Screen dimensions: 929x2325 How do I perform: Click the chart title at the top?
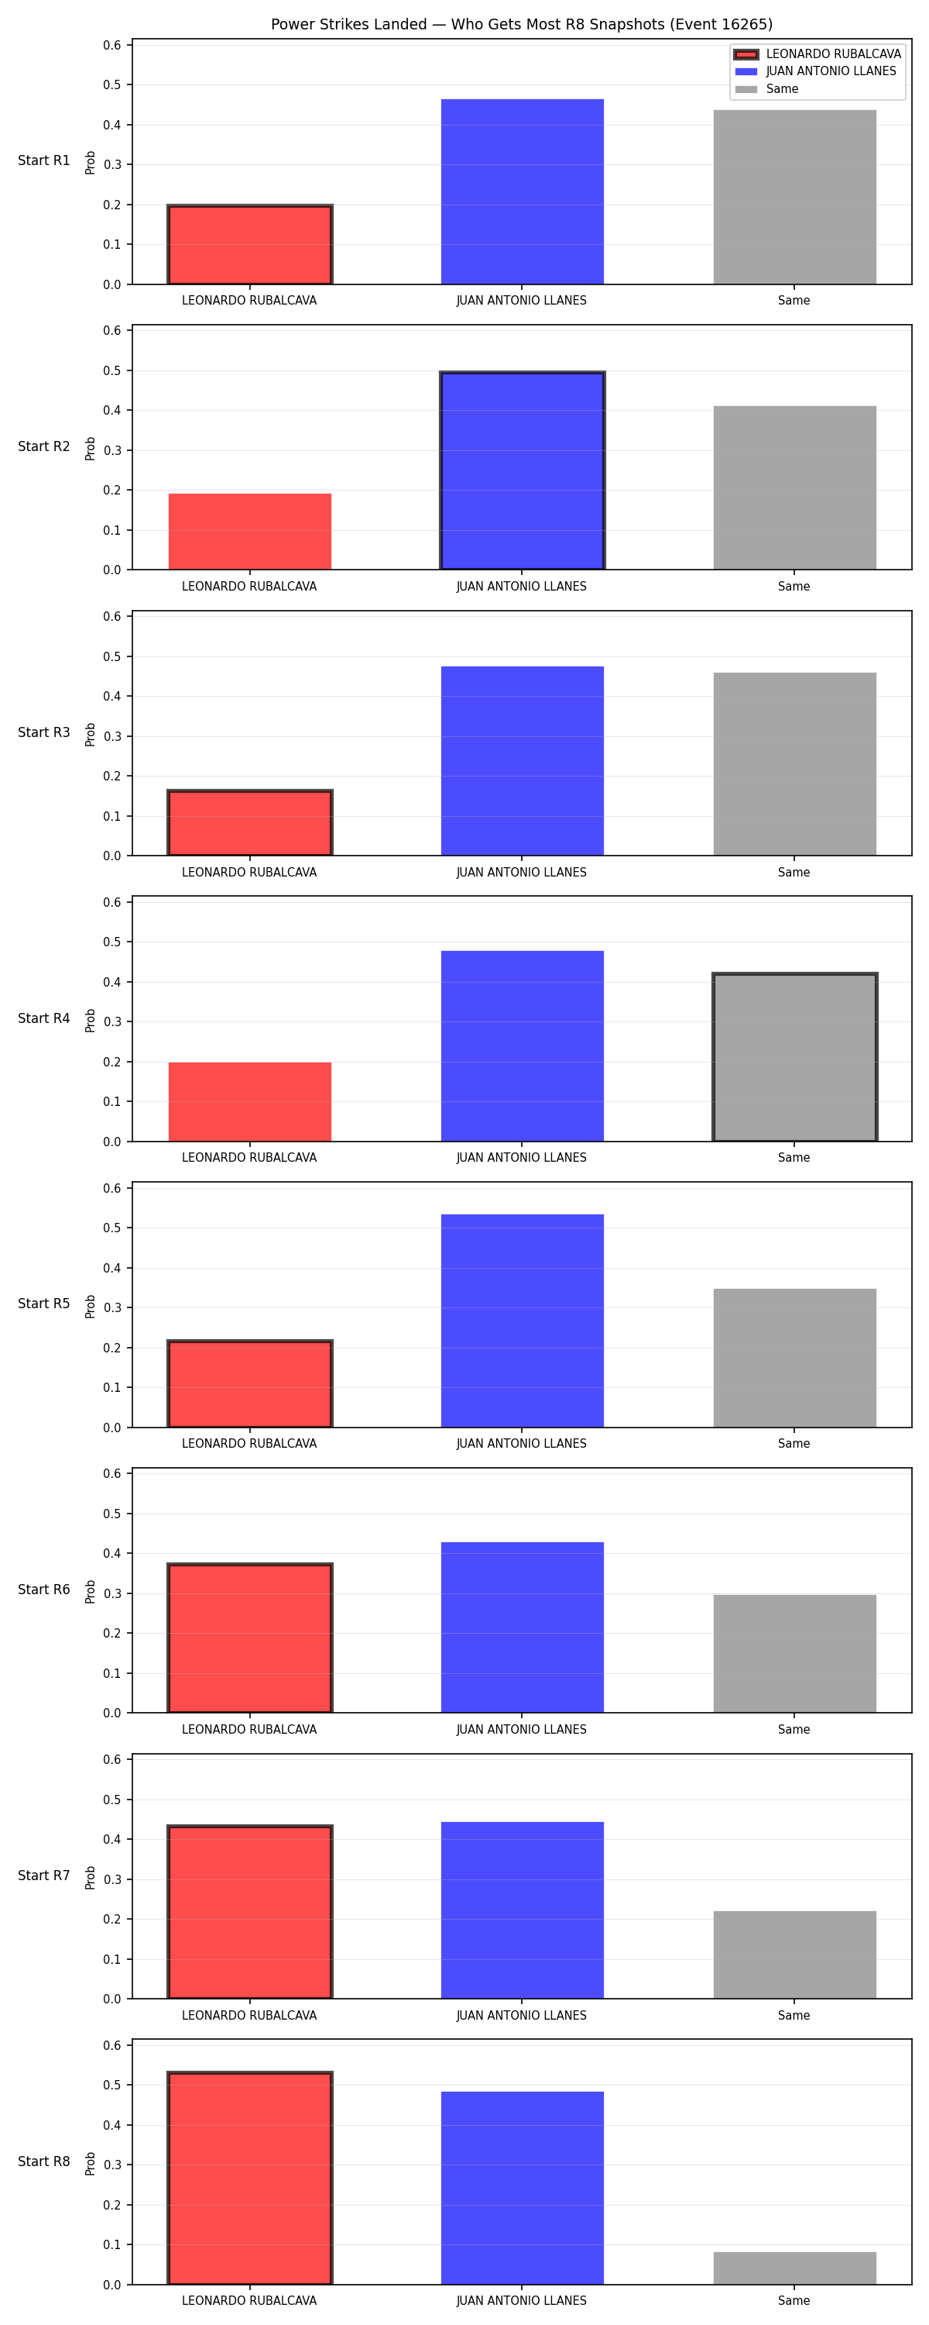521,24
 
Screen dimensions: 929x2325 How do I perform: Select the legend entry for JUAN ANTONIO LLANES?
815,71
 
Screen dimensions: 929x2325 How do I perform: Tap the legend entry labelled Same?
766,89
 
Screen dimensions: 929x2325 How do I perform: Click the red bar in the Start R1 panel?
250,245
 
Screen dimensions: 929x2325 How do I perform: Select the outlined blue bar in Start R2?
523,470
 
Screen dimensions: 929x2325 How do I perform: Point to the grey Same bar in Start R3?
794,763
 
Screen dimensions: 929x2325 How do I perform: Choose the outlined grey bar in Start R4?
794,1057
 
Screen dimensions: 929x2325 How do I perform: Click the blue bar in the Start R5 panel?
523,1321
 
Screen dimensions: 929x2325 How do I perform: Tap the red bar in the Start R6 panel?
250,1638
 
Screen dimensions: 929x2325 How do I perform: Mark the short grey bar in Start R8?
794,2268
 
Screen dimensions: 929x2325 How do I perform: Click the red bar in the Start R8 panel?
250,2178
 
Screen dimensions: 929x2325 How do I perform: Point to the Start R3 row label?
44,732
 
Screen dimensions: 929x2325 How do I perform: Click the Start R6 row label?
44,1590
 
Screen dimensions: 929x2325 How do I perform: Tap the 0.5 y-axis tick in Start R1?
111,84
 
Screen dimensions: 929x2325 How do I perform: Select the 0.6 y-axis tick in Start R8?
111,2045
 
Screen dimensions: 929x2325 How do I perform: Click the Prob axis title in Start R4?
91,1020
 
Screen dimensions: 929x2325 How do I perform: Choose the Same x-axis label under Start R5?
794,1443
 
